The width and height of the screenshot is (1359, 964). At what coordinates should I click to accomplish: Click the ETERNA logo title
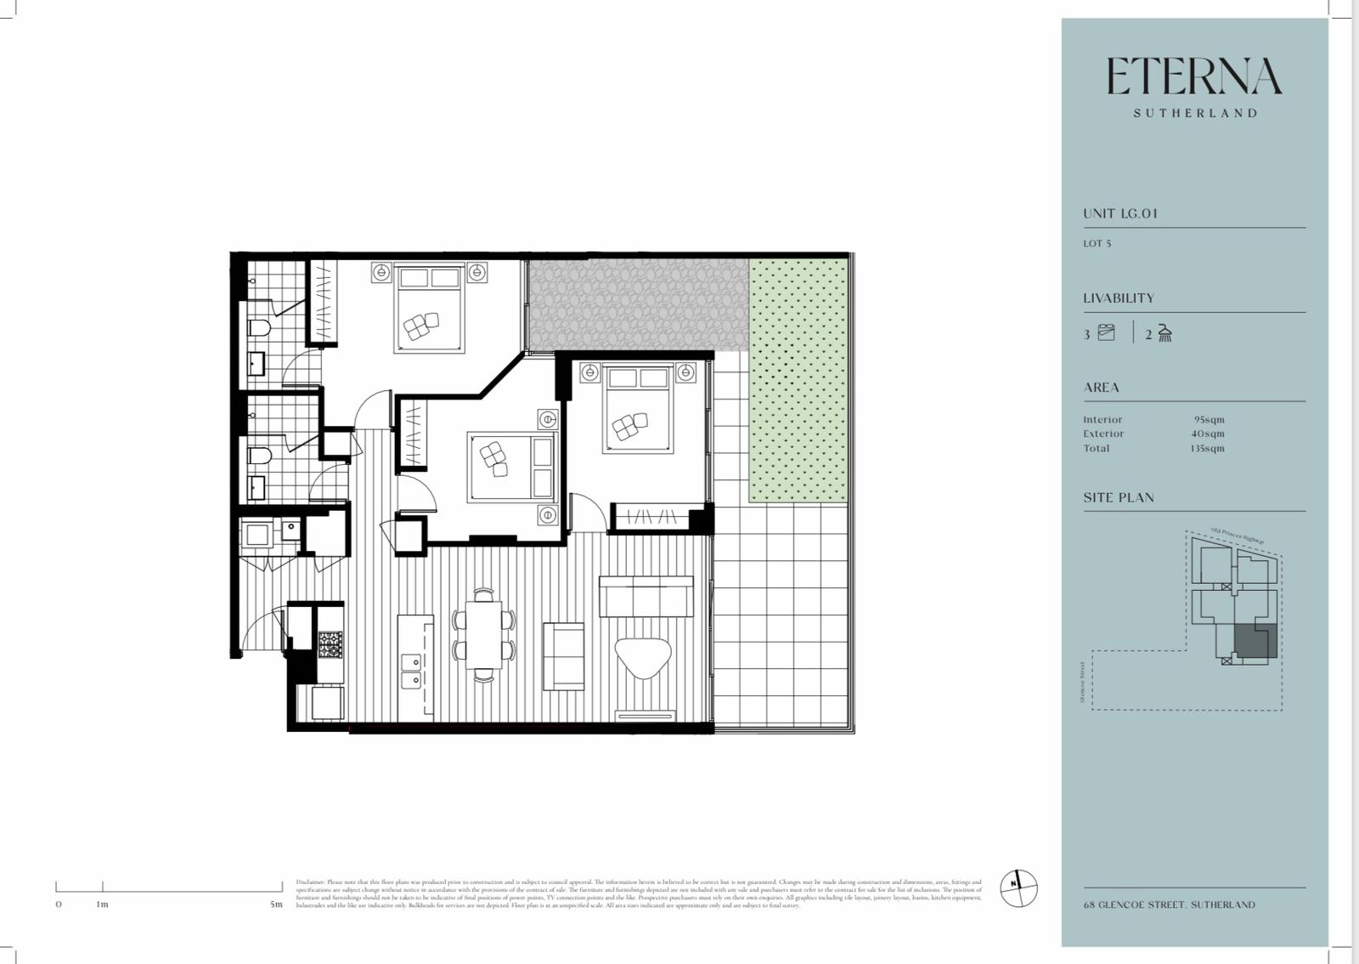(1193, 77)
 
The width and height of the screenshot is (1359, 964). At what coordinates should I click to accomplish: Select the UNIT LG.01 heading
(1119, 213)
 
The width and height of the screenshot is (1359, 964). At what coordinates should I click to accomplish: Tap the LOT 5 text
(1097, 243)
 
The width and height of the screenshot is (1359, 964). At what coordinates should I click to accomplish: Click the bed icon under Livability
(1106, 332)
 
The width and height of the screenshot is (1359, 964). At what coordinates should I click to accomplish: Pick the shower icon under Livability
(1165, 333)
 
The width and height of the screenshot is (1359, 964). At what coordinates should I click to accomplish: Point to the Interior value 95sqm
(1209, 419)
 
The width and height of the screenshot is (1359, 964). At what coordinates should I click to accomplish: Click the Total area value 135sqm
(1207, 448)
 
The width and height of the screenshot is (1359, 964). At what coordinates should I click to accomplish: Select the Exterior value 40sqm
(1207, 434)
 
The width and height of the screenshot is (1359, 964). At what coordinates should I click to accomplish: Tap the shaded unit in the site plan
(1255, 639)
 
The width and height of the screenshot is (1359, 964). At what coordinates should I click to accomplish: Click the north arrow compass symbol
(1018, 888)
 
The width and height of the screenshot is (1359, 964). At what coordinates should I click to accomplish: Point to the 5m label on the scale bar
(276, 904)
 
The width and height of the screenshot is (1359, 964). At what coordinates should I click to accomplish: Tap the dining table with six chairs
(483, 634)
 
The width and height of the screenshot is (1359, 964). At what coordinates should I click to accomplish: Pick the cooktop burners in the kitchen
(330, 644)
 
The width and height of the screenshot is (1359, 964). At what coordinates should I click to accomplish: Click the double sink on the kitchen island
(411, 670)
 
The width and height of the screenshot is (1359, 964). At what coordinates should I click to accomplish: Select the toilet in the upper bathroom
(258, 328)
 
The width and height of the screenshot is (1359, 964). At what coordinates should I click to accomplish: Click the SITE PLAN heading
(1118, 497)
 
